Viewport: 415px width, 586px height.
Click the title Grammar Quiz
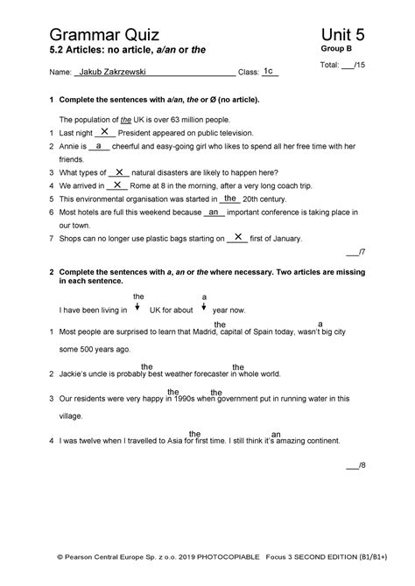(102, 35)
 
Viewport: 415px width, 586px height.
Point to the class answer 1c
(269, 70)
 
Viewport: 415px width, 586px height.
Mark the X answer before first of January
(237, 236)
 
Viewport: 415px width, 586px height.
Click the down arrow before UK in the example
(137, 307)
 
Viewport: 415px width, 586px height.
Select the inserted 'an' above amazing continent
(276, 434)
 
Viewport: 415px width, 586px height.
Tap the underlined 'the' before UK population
(127, 119)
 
